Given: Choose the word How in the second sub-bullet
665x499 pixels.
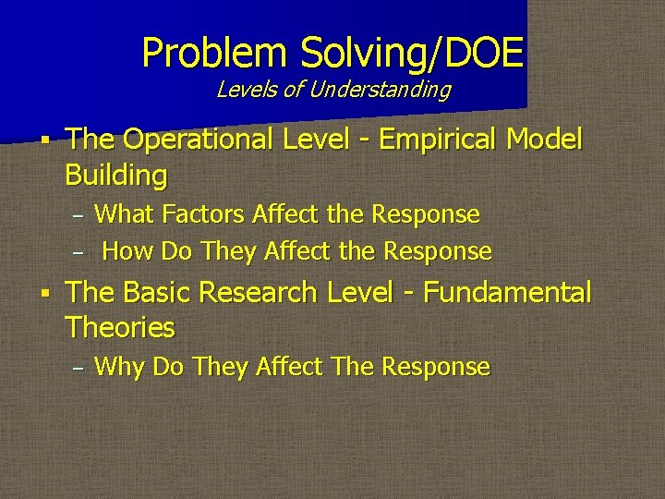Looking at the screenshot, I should coord(127,250).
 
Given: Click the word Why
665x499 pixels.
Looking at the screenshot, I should coord(120,367).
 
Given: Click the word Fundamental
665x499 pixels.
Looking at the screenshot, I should coord(507,293).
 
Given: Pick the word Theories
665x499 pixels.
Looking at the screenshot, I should coord(120,327).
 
